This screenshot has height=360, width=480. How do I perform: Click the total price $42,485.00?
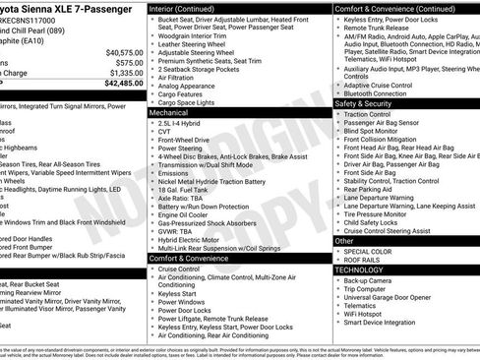pos(118,84)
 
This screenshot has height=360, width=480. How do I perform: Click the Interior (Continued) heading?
pos(190,9)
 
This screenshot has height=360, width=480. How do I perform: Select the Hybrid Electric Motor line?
pos(193,239)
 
